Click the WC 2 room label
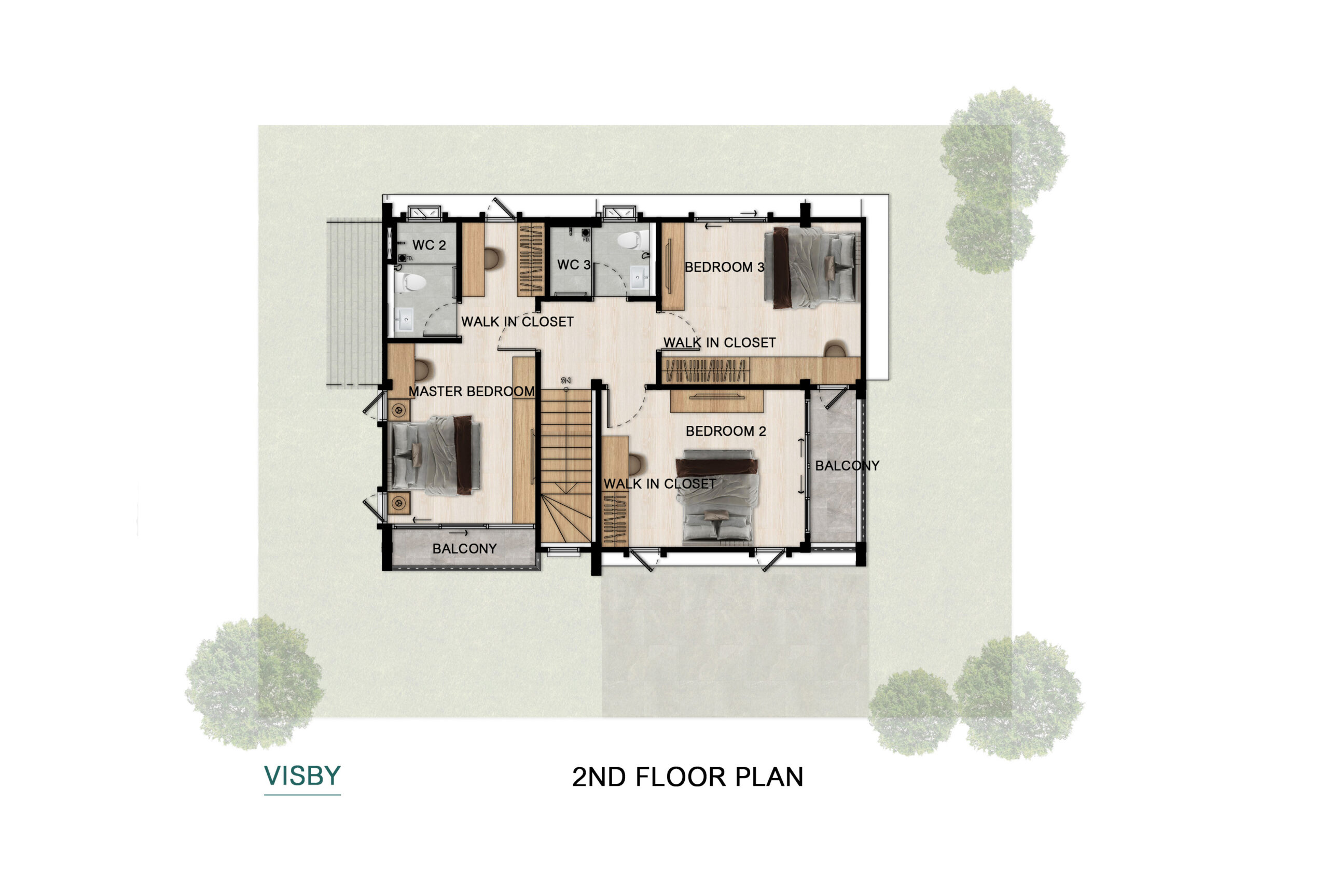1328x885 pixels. click(x=429, y=245)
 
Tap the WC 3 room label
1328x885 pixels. click(x=573, y=265)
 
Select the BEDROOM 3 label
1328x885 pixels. click(x=724, y=267)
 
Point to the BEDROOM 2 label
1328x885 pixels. click(x=726, y=431)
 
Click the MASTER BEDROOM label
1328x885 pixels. click(x=471, y=391)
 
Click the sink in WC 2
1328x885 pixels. click(x=404, y=321)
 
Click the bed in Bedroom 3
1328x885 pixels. click(x=810, y=268)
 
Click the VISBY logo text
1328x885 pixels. click(x=302, y=776)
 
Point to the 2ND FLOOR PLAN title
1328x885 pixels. click(x=687, y=777)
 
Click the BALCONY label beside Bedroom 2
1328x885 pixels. click(x=847, y=466)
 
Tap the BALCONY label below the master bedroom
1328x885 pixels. click(x=464, y=549)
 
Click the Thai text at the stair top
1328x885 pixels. click(x=566, y=380)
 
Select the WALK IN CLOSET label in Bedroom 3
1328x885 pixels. click(x=720, y=342)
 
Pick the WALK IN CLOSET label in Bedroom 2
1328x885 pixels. click(x=660, y=483)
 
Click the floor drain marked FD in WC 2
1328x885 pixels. click(x=402, y=258)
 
